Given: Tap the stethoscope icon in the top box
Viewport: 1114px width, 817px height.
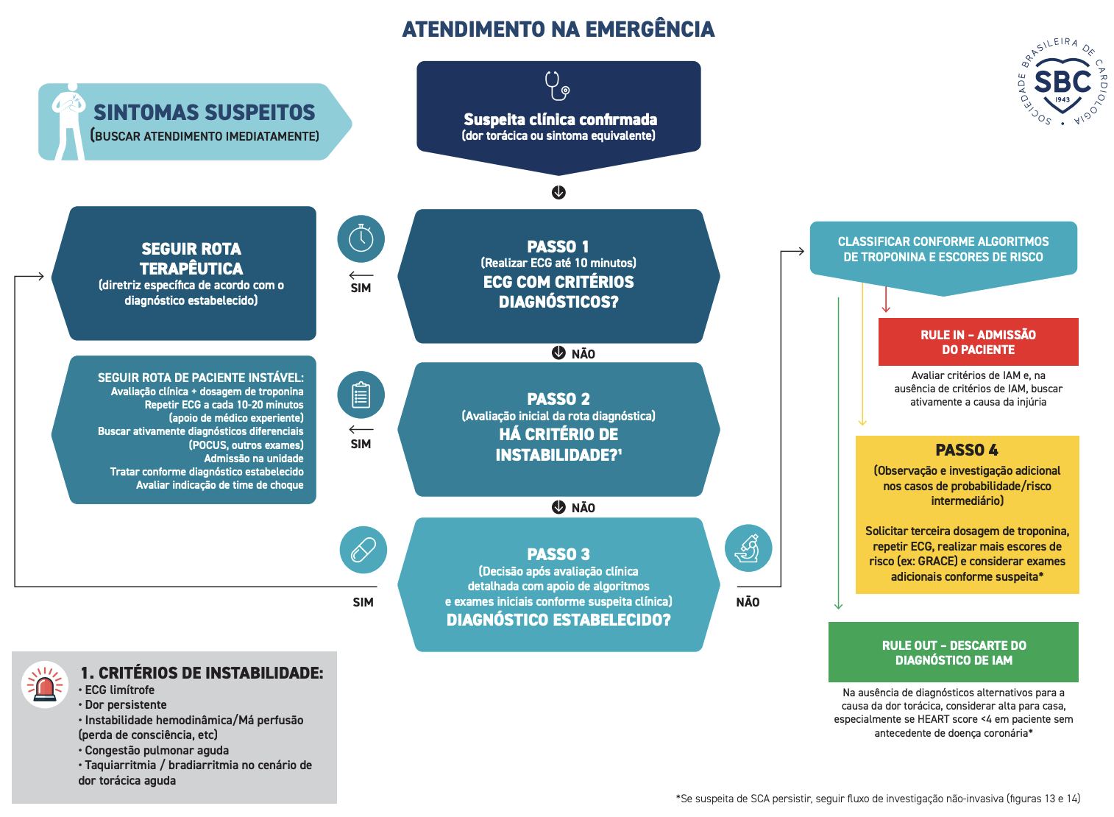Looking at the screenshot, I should (x=557, y=85).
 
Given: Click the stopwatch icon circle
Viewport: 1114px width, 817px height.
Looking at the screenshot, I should (x=361, y=238).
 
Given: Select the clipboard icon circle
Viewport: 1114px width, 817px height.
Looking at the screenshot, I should (x=361, y=395).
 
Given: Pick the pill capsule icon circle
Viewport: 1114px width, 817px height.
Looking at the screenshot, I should (x=363, y=550).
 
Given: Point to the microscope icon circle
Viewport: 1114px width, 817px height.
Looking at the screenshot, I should (x=748, y=548).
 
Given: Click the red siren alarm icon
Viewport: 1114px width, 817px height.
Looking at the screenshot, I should (x=45, y=685).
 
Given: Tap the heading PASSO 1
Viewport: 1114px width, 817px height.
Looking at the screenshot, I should (x=558, y=247).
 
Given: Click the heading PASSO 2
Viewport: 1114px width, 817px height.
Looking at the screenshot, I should (x=558, y=399).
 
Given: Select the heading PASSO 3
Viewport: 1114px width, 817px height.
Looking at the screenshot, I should (x=558, y=554).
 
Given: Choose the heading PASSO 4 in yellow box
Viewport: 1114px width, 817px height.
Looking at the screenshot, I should (x=966, y=450).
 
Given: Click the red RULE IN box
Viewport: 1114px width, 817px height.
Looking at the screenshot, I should (x=978, y=342).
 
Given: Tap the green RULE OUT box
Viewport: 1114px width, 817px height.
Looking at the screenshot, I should (x=954, y=653).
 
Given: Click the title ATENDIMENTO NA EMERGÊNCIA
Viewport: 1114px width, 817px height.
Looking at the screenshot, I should (x=558, y=29).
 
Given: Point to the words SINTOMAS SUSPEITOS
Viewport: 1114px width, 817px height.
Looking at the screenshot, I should (x=204, y=113).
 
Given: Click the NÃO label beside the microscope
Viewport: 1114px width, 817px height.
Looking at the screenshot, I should (x=748, y=602).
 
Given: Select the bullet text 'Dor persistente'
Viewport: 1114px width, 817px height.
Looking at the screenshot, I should (x=125, y=705).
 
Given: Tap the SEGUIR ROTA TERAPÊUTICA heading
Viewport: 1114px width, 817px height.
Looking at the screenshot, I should (x=191, y=258).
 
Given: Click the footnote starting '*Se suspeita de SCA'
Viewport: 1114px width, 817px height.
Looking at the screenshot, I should (x=878, y=799).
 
